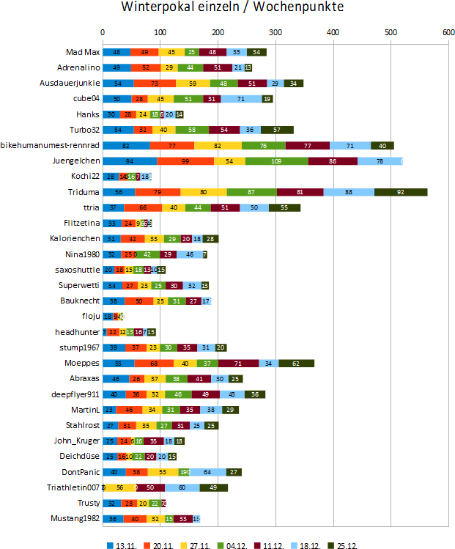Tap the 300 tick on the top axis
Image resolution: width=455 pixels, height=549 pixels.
(x=275, y=32)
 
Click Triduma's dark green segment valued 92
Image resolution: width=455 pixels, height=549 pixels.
(x=401, y=192)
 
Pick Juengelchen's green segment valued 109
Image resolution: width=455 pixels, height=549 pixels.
(x=276, y=161)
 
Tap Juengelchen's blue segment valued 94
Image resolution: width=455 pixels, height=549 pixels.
(x=130, y=161)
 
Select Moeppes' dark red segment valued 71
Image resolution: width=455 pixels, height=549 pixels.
(x=238, y=363)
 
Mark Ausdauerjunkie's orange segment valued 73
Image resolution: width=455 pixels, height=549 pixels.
(x=155, y=83)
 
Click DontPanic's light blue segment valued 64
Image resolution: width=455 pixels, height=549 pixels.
(x=208, y=472)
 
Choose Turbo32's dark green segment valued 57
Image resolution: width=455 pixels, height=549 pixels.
(x=277, y=130)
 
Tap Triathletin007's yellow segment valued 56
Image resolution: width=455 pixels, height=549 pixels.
(x=120, y=487)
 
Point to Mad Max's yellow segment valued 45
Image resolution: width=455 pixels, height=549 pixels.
(x=171, y=52)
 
